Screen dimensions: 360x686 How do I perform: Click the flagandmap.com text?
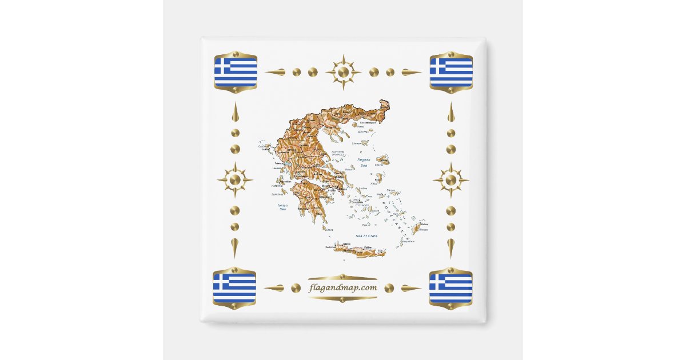coord(342,288)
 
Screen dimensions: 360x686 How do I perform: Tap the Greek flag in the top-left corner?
coord(236,72)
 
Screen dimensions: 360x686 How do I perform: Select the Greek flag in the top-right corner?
coord(451,72)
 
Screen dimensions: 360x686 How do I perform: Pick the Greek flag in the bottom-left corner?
coord(234,288)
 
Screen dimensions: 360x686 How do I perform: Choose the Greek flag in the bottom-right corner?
coord(450,288)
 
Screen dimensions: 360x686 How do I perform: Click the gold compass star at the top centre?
coord(343,72)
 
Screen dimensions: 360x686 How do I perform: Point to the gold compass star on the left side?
coord(235,180)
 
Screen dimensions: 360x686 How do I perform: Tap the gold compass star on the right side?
coord(450,180)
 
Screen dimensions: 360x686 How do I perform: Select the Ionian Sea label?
coord(282,207)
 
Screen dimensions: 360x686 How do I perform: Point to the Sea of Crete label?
coord(366,235)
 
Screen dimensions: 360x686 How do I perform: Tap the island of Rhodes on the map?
coord(416,229)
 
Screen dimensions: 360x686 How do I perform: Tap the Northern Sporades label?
coord(338,154)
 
